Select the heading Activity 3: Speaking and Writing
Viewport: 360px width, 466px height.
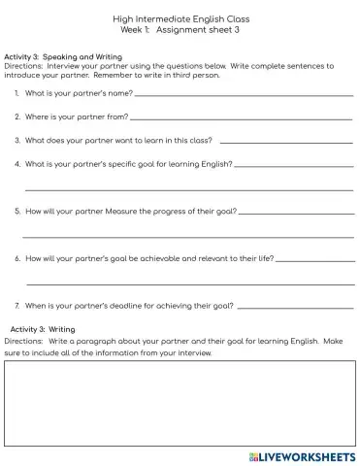(x=63, y=57)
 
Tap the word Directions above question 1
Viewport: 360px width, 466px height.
(x=23, y=66)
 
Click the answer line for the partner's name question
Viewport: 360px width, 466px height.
(x=243, y=96)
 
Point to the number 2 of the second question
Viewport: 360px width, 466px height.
(x=17, y=117)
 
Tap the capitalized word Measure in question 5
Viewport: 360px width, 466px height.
(x=111, y=211)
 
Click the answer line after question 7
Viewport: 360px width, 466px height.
(x=295, y=308)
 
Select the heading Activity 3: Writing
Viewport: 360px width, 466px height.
(x=49, y=330)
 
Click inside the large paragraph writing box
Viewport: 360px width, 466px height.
(x=180, y=404)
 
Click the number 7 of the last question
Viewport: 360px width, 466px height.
(x=17, y=306)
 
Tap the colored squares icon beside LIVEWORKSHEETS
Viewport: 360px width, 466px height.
(x=252, y=454)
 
